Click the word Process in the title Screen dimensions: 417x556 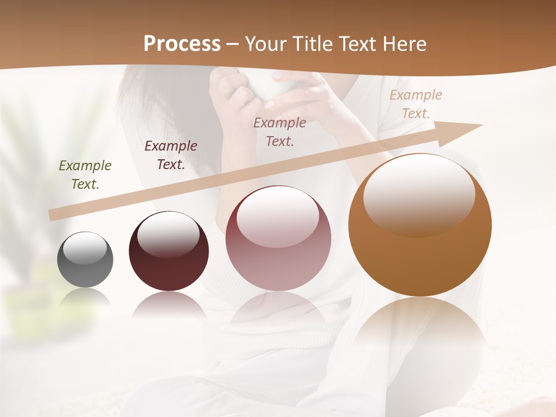click(x=182, y=44)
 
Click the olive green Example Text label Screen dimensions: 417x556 click(x=85, y=175)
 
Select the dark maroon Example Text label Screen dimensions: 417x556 click(x=171, y=155)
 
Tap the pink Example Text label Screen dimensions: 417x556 click(x=280, y=131)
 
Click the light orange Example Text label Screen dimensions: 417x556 click(x=416, y=104)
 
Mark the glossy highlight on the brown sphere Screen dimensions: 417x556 click(x=419, y=194)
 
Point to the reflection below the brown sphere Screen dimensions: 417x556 click(x=420, y=330)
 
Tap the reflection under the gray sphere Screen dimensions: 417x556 click(x=85, y=298)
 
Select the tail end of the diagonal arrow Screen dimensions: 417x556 click(x=53, y=215)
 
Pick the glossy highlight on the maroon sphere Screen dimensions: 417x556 click(x=168, y=235)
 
